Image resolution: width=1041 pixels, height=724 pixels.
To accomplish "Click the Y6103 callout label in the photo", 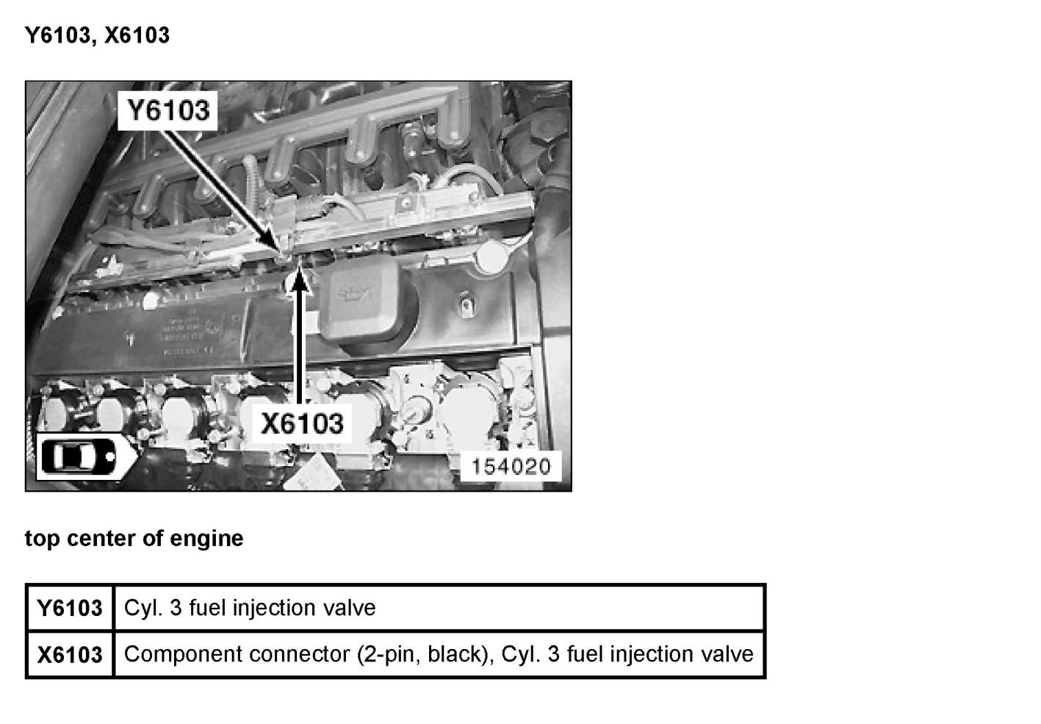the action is [168, 111].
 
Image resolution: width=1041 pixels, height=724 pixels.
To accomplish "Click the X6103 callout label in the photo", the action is [302, 423].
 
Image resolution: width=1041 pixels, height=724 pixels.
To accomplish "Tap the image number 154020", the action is [511, 466].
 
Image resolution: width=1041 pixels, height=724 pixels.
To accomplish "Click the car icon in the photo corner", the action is [77, 456].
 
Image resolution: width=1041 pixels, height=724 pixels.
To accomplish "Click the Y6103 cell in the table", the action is [70, 608].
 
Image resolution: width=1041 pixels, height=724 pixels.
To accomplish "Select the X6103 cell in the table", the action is [70, 654].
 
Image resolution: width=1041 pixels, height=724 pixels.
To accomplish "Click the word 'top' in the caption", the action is [42, 539].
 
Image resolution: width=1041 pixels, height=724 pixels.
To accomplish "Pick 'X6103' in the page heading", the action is [137, 35].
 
